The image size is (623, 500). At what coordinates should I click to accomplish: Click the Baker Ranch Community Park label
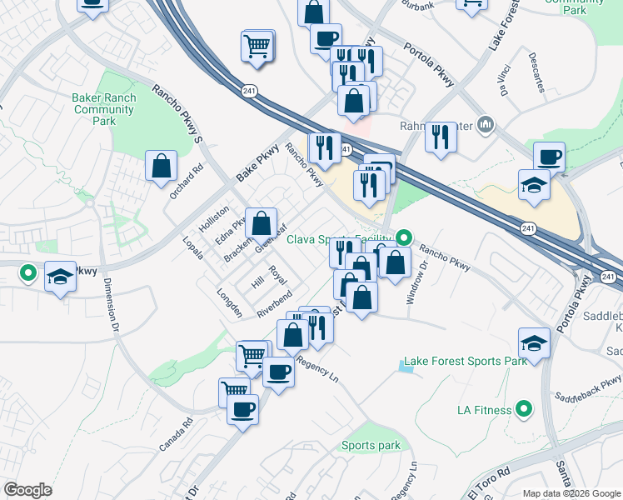pos(103,109)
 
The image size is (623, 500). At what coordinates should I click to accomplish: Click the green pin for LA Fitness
pos(523,408)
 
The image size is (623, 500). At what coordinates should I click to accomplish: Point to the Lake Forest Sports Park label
pos(465,362)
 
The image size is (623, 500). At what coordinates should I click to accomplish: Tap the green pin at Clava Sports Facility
pos(404,237)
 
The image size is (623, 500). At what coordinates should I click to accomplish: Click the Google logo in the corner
pos(27,490)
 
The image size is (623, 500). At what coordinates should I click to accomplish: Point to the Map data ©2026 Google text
pos(571,493)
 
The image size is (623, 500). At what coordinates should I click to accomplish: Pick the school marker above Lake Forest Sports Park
pos(533,342)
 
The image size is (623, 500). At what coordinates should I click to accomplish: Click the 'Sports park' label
pos(371,446)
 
